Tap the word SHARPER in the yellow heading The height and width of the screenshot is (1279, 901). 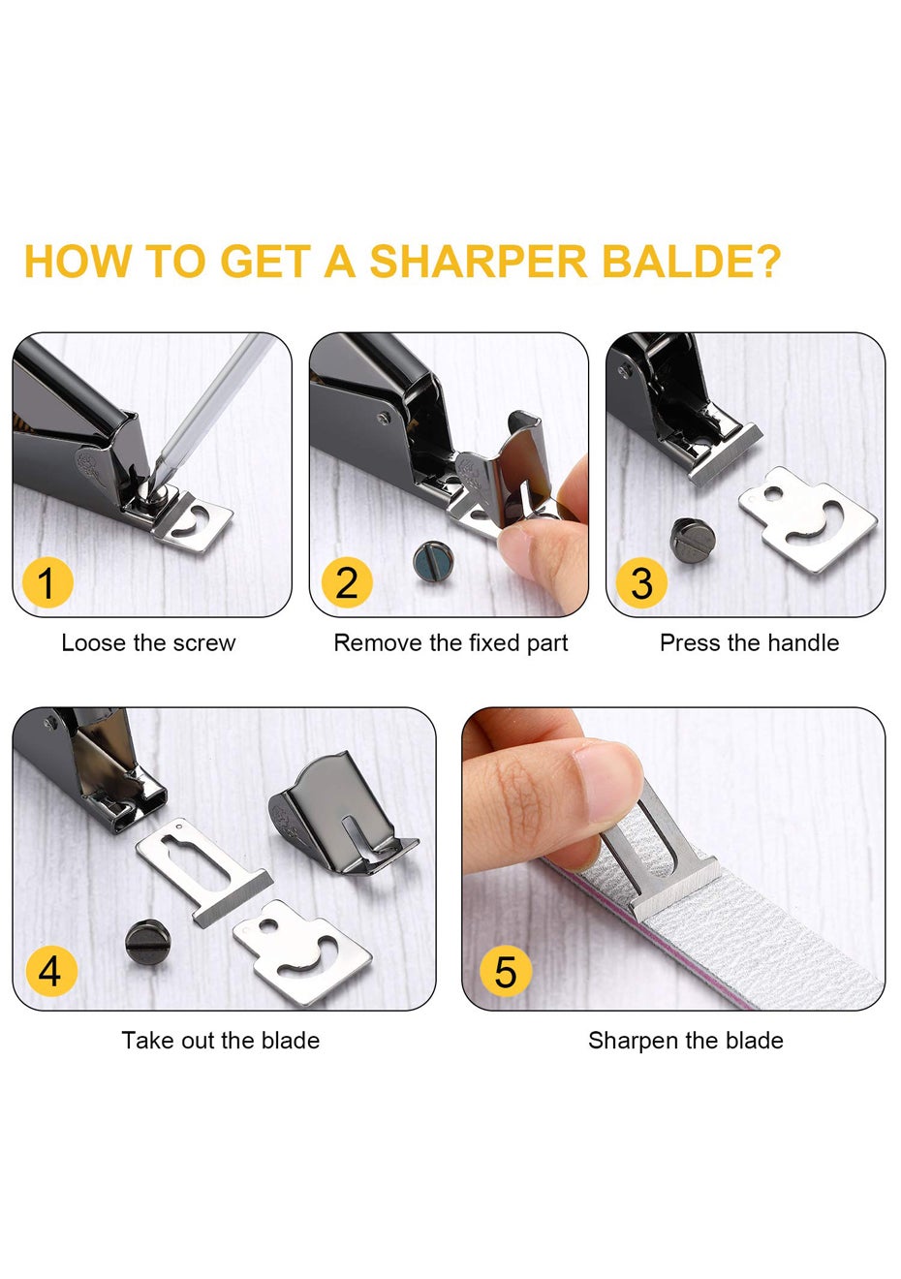[479, 262]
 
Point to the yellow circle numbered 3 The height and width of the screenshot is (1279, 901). [641, 583]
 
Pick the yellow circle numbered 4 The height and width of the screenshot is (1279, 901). [50, 971]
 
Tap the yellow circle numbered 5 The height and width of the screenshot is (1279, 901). [506, 971]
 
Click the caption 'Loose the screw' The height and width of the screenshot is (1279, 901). [148, 643]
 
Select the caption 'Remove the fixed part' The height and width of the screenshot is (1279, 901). [450, 643]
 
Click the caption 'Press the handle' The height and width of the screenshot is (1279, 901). [750, 643]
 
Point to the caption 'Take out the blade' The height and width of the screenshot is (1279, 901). [220, 1041]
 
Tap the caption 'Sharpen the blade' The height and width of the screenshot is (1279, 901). [686, 1041]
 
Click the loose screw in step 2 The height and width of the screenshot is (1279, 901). [433, 562]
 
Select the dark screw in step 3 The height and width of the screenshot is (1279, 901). [693, 542]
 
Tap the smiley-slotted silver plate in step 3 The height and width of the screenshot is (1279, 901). [806, 518]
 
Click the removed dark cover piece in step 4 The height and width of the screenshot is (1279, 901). [343, 813]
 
